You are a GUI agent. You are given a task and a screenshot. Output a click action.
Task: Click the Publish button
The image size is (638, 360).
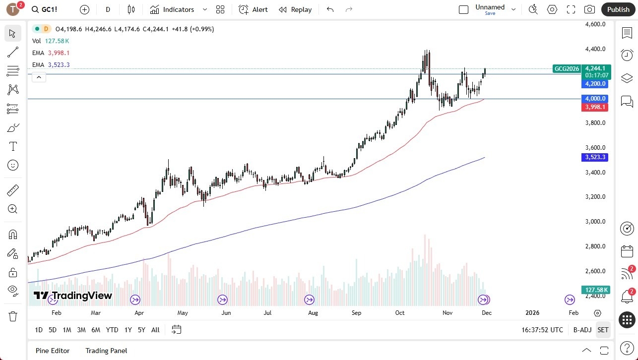(618, 9)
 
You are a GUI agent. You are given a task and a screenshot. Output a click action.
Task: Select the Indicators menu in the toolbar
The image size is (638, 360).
(178, 9)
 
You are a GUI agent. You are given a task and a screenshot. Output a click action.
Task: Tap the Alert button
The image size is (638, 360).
(253, 9)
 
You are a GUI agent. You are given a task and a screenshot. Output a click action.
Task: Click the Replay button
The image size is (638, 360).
(295, 9)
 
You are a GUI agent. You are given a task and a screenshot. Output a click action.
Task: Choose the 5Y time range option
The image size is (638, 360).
(141, 330)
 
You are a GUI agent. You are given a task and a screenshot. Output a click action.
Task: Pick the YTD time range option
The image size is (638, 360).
(112, 330)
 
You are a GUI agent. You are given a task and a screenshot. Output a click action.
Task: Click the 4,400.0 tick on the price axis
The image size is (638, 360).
(595, 49)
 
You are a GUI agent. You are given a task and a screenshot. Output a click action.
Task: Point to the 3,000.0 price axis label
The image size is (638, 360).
(595, 222)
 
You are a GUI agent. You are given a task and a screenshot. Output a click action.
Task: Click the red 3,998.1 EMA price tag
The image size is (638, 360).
(595, 107)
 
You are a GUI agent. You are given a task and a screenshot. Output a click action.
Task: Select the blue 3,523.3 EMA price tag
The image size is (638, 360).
(595, 157)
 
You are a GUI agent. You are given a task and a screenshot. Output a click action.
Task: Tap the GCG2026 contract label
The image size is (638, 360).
(567, 69)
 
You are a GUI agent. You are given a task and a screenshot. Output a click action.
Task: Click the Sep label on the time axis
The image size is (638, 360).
(356, 313)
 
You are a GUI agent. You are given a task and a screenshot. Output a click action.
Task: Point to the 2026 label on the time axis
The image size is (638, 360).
(532, 313)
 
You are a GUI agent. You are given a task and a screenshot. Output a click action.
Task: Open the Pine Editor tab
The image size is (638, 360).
(53, 351)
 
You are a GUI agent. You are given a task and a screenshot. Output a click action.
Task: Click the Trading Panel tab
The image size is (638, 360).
(106, 351)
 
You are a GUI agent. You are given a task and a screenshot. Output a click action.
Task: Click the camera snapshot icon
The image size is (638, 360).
(589, 9)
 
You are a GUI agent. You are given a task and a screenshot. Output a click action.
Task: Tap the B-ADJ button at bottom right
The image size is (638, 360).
(582, 330)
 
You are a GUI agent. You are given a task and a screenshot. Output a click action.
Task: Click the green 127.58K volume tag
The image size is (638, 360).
(596, 290)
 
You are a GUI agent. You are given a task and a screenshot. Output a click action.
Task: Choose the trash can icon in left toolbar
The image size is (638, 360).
(13, 316)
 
